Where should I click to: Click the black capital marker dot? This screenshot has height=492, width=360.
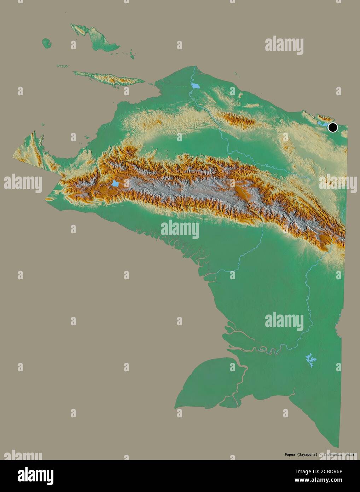point(332,127)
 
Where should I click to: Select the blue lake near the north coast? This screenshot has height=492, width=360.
point(195,86)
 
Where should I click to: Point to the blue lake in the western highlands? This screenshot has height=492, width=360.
point(115,183)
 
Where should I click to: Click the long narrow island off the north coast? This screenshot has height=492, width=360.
point(106,77)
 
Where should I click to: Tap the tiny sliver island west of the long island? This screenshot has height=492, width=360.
point(63,66)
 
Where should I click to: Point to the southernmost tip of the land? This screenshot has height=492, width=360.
point(338,447)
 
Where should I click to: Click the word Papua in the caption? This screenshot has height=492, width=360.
point(281,454)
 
